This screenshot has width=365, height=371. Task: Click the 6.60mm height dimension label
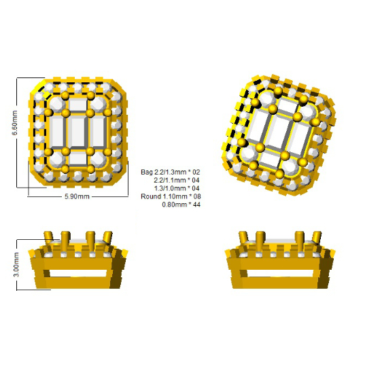coord(15,122)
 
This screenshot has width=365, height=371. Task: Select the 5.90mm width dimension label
coord(77,196)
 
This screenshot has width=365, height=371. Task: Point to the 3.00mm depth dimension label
coord(16,264)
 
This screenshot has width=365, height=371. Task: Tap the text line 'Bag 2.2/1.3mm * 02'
coord(170,172)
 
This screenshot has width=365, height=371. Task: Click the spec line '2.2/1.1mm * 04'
coord(177,180)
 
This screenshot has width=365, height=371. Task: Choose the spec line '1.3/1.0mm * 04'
coord(177,188)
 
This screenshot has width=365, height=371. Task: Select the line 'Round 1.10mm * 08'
coord(171,196)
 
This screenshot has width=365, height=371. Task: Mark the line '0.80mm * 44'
coord(181,205)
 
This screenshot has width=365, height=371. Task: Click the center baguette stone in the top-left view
coord(78,132)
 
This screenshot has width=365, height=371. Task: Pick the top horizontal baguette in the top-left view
coord(78,105)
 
